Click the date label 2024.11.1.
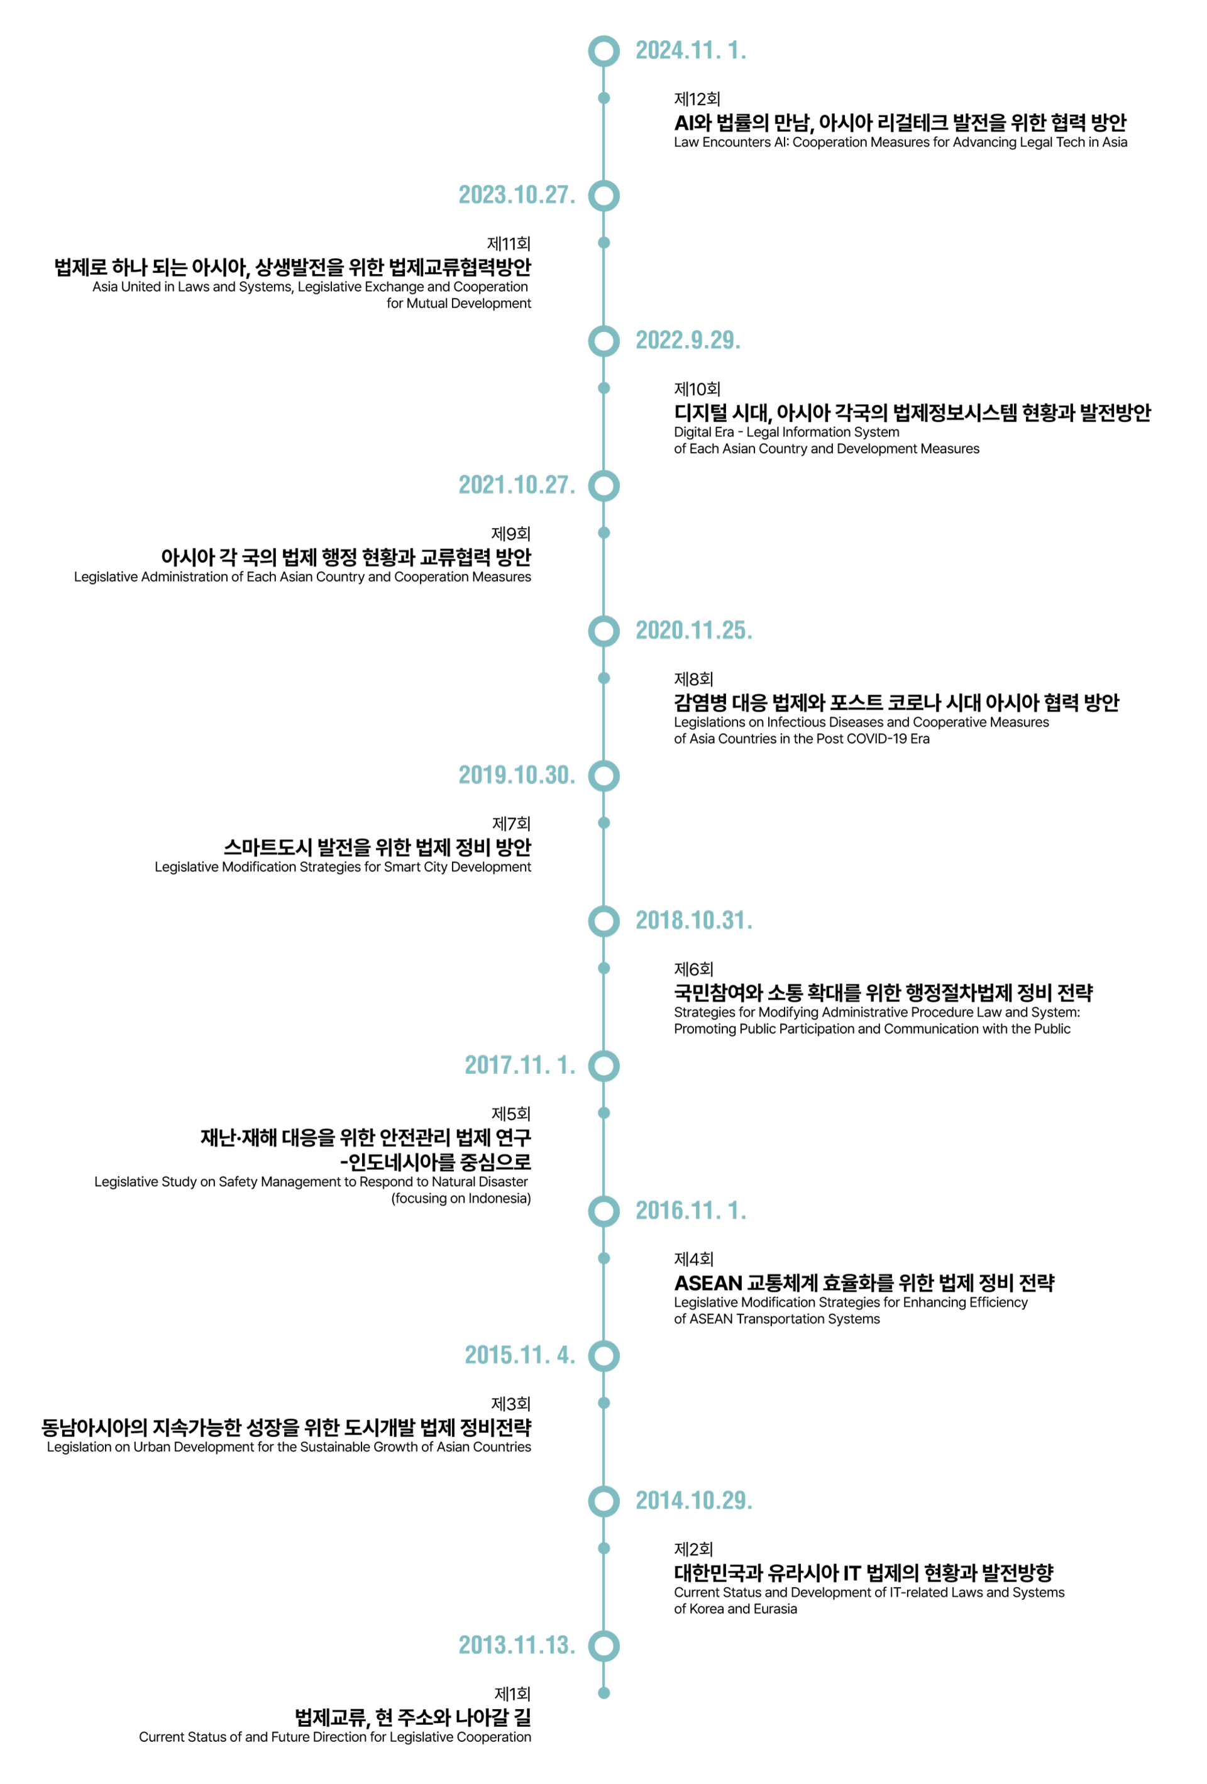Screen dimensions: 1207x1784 pos(690,51)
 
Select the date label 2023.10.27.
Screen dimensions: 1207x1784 pos(517,195)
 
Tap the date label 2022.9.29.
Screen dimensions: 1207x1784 pos(687,340)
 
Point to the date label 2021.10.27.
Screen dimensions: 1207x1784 pos(517,485)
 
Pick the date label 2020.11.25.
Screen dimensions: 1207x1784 pos(693,630)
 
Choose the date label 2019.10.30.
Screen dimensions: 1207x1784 pos(517,775)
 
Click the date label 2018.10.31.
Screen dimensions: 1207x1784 pos(693,920)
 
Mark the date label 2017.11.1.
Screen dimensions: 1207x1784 pos(520,1065)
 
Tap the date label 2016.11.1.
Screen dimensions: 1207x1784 pos(690,1211)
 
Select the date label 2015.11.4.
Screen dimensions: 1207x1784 pos(520,1356)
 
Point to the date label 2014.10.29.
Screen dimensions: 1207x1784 pos(693,1500)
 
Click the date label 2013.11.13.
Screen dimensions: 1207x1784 pos(517,1646)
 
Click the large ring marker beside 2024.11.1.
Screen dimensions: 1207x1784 pos(604,51)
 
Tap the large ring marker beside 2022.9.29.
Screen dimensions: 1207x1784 pos(604,340)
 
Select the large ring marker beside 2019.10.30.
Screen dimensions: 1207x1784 pos(604,775)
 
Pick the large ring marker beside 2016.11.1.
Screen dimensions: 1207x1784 pos(604,1211)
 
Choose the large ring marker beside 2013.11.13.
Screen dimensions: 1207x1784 pos(604,1646)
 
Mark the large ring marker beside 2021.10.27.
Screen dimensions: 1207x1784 pos(604,485)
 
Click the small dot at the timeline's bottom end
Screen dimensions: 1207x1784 pos(604,1693)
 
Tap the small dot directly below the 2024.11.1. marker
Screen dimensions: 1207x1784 pos(604,97)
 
